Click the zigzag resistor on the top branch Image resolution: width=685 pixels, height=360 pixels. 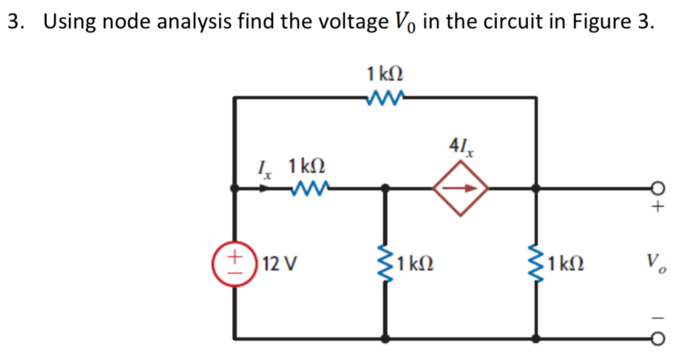tap(385, 95)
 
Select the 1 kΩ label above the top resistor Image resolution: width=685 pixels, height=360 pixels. tap(385, 74)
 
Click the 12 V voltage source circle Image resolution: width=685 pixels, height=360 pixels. tap(235, 262)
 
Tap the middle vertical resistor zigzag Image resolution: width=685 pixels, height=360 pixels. tap(384, 262)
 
